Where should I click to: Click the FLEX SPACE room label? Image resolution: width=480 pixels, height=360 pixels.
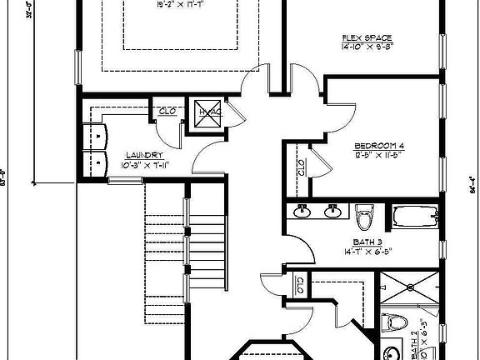point(367,37)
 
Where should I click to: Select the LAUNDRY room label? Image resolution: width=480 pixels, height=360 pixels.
point(143,155)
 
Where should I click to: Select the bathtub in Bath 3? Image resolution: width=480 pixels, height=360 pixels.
point(414,217)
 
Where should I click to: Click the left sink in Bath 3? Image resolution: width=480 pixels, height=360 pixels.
point(303,212)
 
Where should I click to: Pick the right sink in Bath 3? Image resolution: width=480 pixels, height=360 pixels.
point(332,212)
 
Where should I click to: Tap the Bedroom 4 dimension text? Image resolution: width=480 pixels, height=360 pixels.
point(377,156)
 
